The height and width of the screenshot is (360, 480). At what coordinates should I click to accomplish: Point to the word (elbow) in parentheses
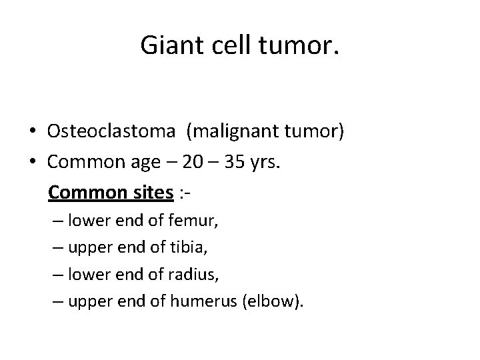[271, 302]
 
